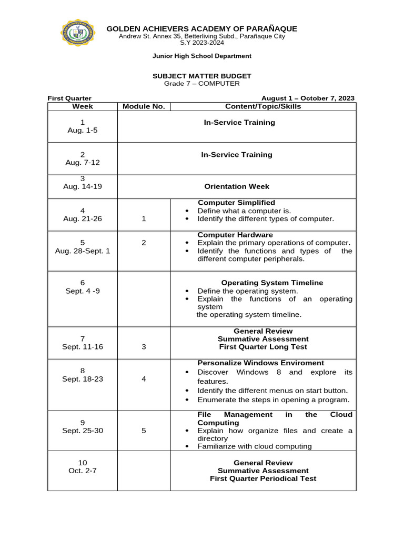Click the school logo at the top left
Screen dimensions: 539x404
[x=78, y=36]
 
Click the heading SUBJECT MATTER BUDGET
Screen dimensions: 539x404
[x=202, y=76]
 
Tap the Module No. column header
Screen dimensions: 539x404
[x=144, y=106]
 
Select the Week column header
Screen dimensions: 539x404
[x=83, y=106]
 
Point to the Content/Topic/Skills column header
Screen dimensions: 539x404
[x=263, y=106]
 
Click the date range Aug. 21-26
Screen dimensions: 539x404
[x=83, y=218]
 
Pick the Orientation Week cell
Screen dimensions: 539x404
[x=237, y=186]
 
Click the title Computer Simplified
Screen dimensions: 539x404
[x=236, y=203]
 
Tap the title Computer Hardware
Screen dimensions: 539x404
[x=235, y=235]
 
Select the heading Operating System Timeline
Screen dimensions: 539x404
[x=272, y=283]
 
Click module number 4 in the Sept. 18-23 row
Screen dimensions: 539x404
[x=144, y=379]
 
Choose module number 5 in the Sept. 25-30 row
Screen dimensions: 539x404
[x=144, y=431]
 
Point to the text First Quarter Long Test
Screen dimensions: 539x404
[x=263, y=347]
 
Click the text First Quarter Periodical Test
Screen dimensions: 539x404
[x=263, y=478]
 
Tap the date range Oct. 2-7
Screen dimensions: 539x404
[x=83, y=471]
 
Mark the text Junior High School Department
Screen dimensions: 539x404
[x=202, y=56]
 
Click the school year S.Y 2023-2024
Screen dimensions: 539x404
[x=202, y=43]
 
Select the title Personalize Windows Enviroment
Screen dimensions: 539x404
[x=260, y=363]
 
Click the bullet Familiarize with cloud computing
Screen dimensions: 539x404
[x=254, y=446]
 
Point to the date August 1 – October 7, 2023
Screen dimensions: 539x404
[x=308, y=98]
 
